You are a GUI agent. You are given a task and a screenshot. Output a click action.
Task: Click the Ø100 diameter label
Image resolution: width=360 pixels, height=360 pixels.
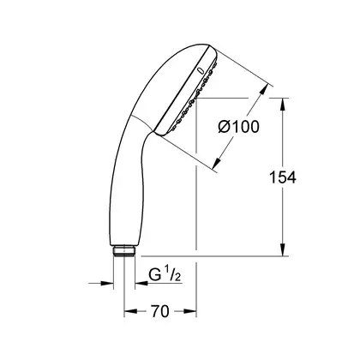(x=239, y=127)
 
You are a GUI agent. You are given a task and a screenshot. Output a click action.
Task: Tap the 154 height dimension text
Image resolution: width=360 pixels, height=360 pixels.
(x=283, y=177)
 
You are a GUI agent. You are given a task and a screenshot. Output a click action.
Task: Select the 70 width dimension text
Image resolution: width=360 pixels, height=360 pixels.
(x=160, y=311)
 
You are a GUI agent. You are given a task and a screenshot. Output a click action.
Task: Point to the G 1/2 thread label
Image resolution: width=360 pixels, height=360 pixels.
(x=165, y=276)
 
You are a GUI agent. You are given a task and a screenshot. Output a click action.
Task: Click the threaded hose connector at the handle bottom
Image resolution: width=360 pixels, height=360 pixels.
(x=124, y=251)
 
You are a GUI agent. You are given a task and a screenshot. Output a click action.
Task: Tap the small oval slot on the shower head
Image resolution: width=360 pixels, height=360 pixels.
(x=201, y=70)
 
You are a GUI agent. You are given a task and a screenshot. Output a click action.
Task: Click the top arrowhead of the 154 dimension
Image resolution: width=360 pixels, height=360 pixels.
(x=283, y=105)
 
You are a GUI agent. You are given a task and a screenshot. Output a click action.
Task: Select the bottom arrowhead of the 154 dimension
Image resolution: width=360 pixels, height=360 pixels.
(x=283, y=249)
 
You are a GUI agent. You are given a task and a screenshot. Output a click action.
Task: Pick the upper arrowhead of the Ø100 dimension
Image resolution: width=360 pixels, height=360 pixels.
(x=263, y=89)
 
